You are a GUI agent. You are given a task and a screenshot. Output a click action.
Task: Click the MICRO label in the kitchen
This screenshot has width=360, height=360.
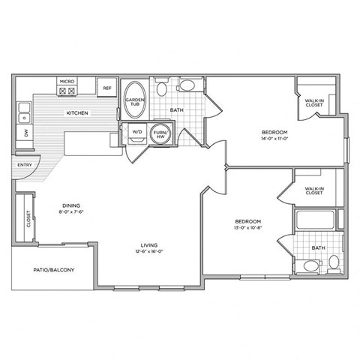(66, 80)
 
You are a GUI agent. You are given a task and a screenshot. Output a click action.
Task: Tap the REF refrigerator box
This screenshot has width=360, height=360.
(106, 88)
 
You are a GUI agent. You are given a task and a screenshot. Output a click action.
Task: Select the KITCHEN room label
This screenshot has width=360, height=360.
(77, 113)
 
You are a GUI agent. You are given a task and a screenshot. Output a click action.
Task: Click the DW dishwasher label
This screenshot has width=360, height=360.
(25, 133)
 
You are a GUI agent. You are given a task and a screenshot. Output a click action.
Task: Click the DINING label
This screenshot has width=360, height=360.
(71, 205)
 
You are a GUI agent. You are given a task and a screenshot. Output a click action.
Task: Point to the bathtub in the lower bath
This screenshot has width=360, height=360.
(318, 222)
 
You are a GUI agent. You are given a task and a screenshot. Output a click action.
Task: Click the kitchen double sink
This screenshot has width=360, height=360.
(23, 114)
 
